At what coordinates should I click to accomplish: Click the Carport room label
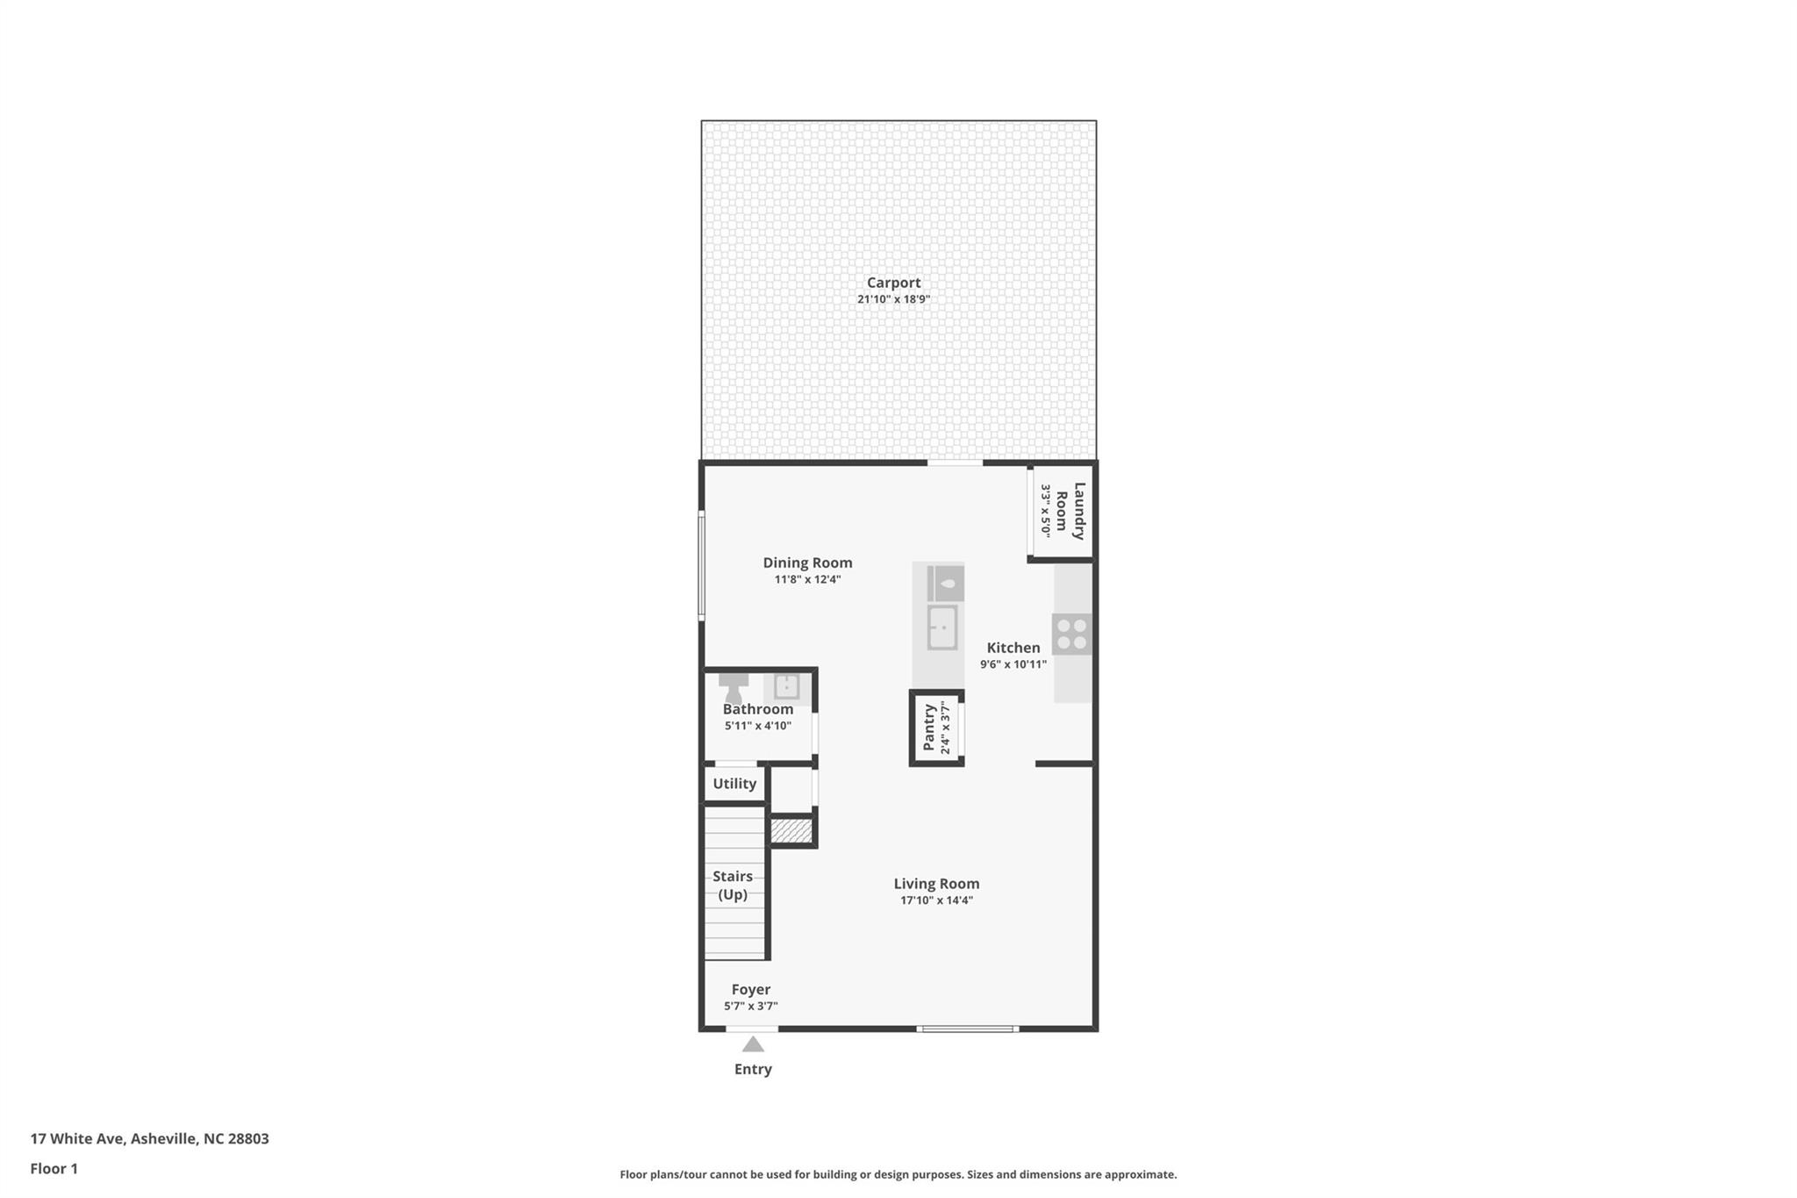[x=893, y=283]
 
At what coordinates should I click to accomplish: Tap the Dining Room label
[x=807, y=563]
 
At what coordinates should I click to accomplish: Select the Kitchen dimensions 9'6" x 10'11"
[x=1013, y=664]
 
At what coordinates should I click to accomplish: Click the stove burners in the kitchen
[x=1071, y=634]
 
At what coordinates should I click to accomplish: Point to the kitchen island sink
[x=941, y=628]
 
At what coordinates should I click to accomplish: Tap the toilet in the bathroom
[x=734, y=687]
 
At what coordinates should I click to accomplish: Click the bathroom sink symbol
[x=786, y=685]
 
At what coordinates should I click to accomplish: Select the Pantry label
[x=929, y=728]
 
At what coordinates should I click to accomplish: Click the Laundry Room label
[x=1070, y=511]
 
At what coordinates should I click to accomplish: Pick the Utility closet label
[x=734, y=784]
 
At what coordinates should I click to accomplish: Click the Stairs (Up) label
[x=733, y=886]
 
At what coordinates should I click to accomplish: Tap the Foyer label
[x=751, y=989]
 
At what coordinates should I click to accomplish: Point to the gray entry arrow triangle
[x=753, y=1044]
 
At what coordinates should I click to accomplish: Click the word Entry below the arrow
[x=753, y=1069]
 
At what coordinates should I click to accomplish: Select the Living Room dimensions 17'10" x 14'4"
[x=936, y=900]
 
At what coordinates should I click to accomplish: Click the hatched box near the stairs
[x=791, y=830]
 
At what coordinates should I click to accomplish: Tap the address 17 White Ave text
[x=149, y=1138]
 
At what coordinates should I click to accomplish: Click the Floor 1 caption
[x=54, y=1168]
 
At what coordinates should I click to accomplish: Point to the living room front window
[x=968, y=1029]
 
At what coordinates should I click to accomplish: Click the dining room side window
[x=701, y=565]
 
